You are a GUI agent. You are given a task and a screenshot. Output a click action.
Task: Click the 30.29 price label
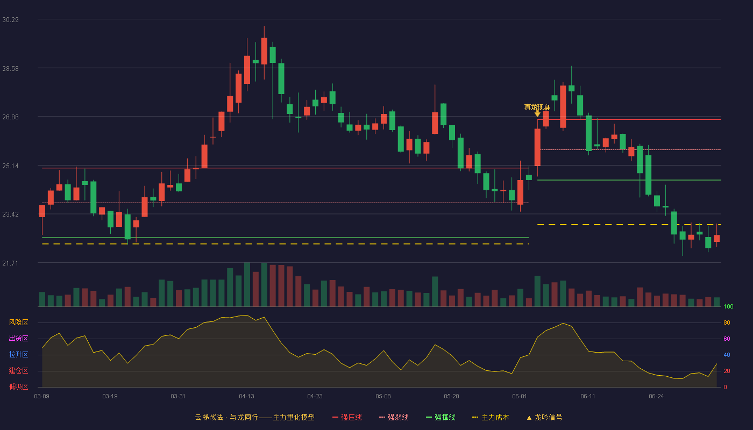coord(10,20)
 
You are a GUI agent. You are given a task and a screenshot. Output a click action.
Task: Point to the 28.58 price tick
coord(10,69)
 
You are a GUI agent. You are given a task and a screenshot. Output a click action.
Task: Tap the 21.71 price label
coord(10,263)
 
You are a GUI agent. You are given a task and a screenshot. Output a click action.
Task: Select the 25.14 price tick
coord(10,166)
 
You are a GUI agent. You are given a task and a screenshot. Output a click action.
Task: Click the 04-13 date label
coord(246,397)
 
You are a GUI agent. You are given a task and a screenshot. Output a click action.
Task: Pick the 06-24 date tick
coord(656,397)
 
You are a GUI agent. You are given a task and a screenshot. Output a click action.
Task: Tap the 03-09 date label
coord(42,397)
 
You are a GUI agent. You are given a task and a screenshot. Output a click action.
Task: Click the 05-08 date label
coord(383,397)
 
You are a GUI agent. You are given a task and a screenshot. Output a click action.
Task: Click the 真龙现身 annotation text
coord(537,107)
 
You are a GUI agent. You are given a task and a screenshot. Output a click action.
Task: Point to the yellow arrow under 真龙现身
coord(537,114)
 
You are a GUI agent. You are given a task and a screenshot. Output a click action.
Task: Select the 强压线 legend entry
coord(347,417)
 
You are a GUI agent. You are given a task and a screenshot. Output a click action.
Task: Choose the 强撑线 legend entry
coord(441,417)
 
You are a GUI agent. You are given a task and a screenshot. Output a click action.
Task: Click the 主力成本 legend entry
coord(491,417)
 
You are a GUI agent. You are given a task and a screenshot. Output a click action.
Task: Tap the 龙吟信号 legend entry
coord(544,417)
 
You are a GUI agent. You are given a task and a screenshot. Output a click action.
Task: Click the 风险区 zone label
coord(18,322)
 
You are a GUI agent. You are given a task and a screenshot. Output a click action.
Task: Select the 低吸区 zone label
coord(18,386)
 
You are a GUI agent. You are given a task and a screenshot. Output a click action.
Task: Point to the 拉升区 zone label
coord(18,354)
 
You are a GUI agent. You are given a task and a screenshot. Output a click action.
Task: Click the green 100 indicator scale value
coord(728,306)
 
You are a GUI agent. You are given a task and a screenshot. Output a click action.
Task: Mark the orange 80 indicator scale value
coord(727,322)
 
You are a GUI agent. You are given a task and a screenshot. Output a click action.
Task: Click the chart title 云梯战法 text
coord(209,417)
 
